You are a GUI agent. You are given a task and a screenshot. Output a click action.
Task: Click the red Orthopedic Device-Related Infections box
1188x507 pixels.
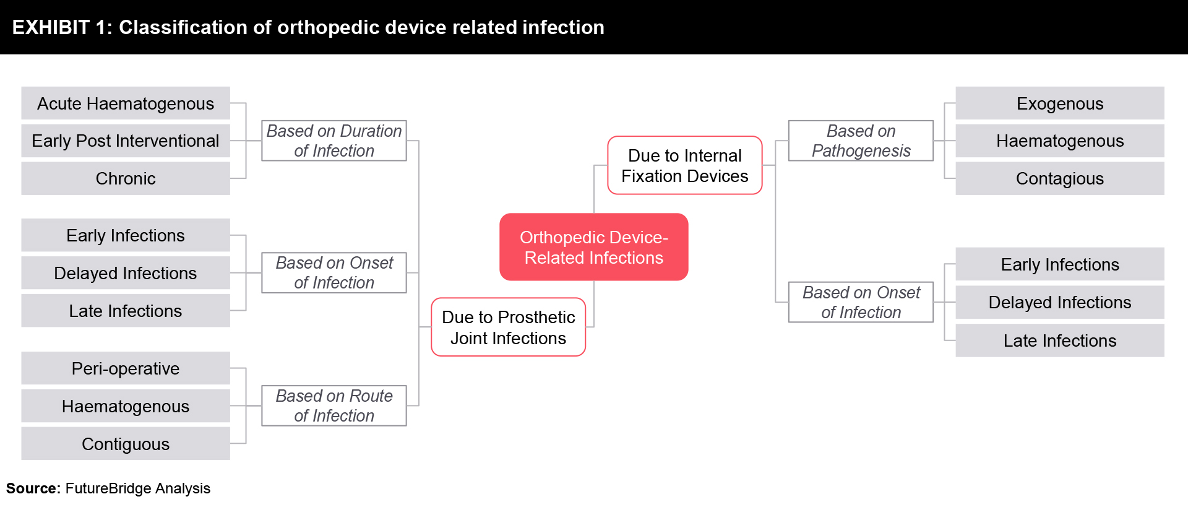click(593, 247)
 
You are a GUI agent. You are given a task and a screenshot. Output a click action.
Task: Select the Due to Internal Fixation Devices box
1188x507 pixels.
click(684, 165)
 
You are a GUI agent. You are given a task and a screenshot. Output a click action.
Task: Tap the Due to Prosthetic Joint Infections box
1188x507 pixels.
click(508, 327)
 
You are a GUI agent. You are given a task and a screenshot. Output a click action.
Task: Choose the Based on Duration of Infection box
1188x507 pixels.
click(334, 141)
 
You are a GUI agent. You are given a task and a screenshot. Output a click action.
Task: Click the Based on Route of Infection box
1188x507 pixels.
click(334, 405)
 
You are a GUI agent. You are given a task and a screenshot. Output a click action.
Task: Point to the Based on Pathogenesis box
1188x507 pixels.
click(861, 141)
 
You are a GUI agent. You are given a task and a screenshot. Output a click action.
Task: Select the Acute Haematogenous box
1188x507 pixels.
click(126, 103)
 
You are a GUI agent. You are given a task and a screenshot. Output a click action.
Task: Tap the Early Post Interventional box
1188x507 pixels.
click(126, 141)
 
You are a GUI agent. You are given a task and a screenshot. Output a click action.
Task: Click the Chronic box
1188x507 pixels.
click(126, 178)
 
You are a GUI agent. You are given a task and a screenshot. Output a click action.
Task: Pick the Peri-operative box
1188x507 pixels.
click(126, 368)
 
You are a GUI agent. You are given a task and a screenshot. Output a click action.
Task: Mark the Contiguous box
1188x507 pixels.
click(126, 443)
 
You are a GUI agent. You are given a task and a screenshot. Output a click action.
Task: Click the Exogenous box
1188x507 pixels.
click(1060, 103)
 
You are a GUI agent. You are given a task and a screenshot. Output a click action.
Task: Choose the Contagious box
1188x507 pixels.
click(1060, 178)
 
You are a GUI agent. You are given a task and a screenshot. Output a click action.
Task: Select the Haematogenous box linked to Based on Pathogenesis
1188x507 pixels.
click(1060, 141)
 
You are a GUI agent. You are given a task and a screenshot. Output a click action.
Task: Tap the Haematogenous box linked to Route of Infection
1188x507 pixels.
click(126, 405)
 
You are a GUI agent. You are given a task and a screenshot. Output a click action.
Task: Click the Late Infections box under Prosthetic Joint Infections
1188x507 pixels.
click(126, 310)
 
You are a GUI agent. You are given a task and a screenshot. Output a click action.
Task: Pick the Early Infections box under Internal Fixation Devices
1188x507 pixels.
click(1060, 264)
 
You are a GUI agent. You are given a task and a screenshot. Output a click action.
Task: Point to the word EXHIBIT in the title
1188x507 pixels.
click(51, 27)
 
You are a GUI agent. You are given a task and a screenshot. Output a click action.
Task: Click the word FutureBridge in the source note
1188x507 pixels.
click(108, 488)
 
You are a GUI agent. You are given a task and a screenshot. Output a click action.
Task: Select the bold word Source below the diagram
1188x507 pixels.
click(32, 488)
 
